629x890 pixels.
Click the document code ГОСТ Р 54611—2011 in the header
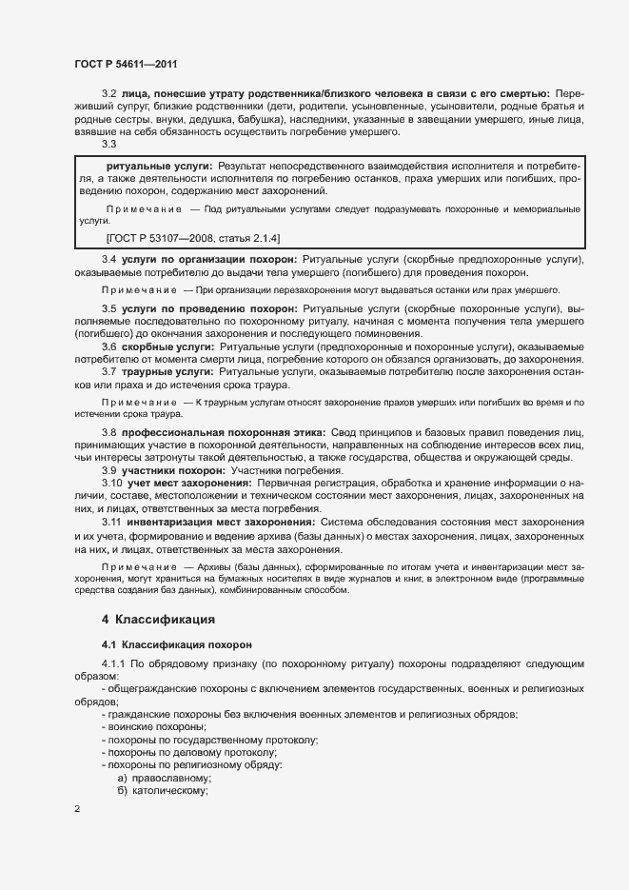tap(126, 64)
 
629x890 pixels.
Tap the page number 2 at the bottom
tap(77, 809)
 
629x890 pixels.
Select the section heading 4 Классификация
tap(151, 620)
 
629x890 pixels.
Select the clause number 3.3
tap(108, 145)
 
